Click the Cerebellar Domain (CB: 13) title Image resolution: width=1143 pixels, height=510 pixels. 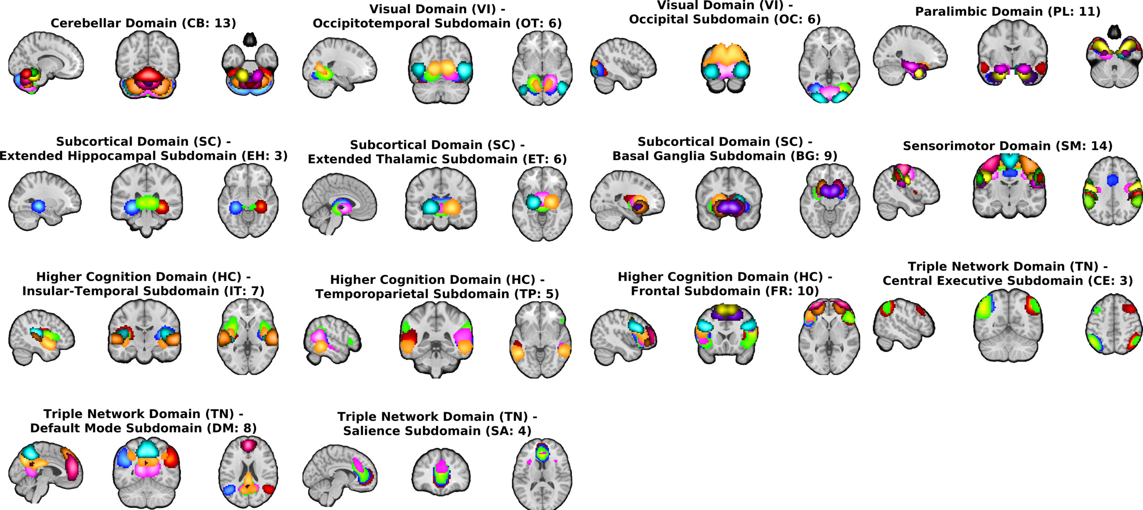coord(143,23)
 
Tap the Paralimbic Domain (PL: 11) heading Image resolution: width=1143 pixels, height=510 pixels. coord(1008,12)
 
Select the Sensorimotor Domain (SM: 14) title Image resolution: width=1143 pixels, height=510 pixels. coord(1008,146)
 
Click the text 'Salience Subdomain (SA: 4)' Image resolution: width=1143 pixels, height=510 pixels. coord(437,431)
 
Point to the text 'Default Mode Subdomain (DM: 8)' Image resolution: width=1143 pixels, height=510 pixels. coord(143,429)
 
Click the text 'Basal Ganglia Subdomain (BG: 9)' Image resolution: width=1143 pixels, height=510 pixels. coord(725,156)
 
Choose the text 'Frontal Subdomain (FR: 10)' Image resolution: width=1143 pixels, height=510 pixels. coord(725,292)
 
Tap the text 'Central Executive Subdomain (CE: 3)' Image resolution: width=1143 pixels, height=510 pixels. coord(1008,281)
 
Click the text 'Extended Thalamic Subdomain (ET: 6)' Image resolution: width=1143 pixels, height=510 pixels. coord(437,159)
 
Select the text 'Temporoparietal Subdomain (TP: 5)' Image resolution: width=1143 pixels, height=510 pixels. coord(437,294)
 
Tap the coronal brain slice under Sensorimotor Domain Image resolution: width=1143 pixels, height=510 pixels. coord(1009,187)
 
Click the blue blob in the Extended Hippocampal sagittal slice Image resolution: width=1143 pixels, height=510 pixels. coord(39,207)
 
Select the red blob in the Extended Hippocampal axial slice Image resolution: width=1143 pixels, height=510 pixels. coord(261,207)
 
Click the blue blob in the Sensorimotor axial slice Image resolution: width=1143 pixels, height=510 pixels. coord(1112,180)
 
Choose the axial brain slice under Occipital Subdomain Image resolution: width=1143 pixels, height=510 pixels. coord(829,64)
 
